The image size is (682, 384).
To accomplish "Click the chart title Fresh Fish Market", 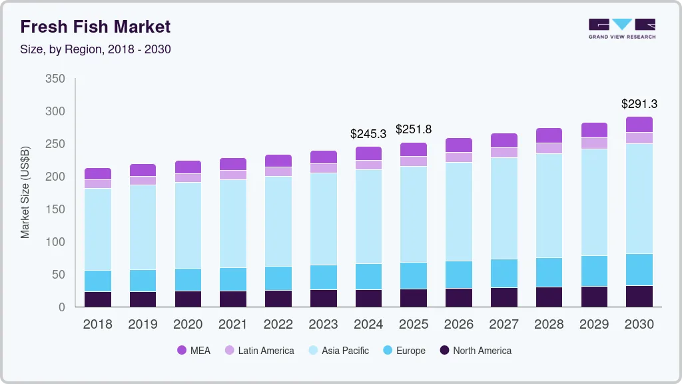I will click(x=95, y=27).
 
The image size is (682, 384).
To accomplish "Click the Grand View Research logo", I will click(x=621, y=29).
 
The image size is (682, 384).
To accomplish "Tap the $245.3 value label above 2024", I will click(x=368, y=134).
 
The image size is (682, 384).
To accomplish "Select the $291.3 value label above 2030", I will click(x=639, y=104).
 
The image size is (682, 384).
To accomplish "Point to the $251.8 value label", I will click(x=414, y=129).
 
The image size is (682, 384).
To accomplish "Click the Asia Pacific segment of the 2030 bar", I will click(x=639, y=199).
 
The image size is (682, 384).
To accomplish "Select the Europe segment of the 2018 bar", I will click(x=98, y=281).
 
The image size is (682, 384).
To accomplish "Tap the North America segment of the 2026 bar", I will click(x=458, y=297).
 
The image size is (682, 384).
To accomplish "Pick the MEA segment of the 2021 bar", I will click(x=233, y=164).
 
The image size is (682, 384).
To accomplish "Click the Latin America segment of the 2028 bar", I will click(x=549, y=148).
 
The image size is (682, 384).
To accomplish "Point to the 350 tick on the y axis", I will click(x=55, y=79).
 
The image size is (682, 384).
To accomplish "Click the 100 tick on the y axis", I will click(x=55, y=242).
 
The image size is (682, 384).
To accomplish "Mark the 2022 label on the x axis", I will click(x=278, y=325).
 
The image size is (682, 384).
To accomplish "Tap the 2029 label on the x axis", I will click(x=594, y=325).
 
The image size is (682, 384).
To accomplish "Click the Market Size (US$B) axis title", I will click(x=25, y=193).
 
